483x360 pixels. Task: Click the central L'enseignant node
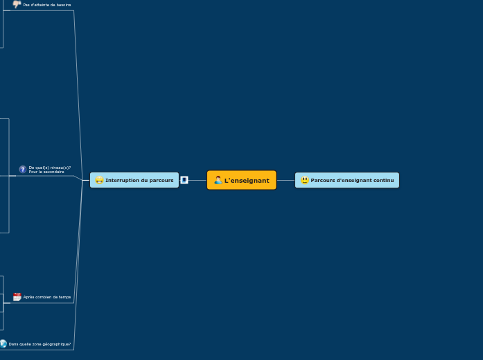pos(241,180)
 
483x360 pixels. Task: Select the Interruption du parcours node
pos(134,180)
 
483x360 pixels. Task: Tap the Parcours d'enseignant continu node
pos(347,180)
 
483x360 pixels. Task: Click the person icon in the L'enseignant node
pos(218,180)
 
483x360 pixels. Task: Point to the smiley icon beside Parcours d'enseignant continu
pos(304,180)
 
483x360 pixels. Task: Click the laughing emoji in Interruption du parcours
pos(99,180)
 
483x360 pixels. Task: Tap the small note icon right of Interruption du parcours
pos(184,180)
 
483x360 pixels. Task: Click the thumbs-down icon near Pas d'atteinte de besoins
pos(17,4)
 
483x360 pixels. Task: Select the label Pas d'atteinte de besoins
pos(47,5)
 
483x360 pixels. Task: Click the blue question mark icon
pos(23,169)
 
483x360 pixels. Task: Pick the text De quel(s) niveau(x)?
pos(50,167)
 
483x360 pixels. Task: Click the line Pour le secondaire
pos(46,172)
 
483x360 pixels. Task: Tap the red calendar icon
pos(17,297)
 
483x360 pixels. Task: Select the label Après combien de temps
pos(47,297)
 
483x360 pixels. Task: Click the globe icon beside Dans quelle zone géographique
pos(3,343)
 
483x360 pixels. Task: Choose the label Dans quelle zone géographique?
pos(39,344)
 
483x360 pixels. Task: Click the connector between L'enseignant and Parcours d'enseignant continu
pos(286,180)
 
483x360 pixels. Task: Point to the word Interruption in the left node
pos(121,180)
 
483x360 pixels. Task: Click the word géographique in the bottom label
pos(55,344)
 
